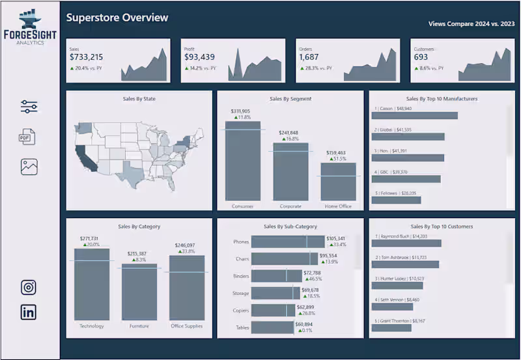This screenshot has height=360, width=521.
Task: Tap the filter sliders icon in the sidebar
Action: (29, 107)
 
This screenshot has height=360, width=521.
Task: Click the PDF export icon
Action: (27, 137)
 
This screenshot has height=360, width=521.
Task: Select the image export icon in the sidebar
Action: (29, 167)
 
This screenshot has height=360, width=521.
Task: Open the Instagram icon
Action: (29, 287)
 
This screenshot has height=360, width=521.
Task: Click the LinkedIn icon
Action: (29, 312)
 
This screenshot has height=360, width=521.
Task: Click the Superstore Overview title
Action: (117, 18)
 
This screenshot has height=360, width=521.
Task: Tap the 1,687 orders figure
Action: (309, 57)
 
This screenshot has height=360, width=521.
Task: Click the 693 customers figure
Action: (421, 57)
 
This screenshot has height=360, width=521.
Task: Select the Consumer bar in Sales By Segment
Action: (243, 161)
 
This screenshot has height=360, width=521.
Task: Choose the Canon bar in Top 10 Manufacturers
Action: (414, 115)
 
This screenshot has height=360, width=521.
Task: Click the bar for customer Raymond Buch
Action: (406, 243)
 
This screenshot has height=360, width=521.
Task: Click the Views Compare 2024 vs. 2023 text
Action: (471, 23)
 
